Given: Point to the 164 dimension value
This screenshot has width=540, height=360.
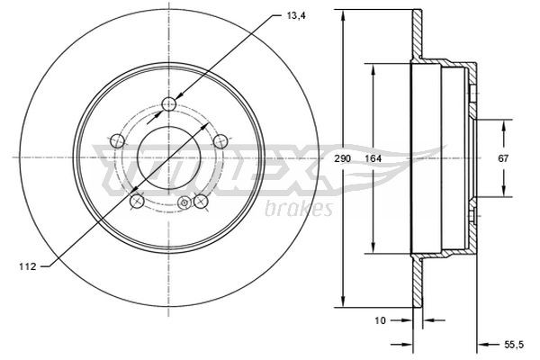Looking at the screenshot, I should point(371,159).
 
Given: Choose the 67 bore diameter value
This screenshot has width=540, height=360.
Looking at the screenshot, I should point(503,158).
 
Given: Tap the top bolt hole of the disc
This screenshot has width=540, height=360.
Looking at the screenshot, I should point(167,105).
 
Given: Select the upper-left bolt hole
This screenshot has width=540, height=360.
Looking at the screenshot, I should point(114,140).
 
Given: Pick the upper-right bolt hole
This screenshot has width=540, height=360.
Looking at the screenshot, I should point(219,140).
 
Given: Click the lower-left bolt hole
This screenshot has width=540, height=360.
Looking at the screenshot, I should point(136,201).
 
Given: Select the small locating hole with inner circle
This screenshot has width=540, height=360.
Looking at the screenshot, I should point(184,203).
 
